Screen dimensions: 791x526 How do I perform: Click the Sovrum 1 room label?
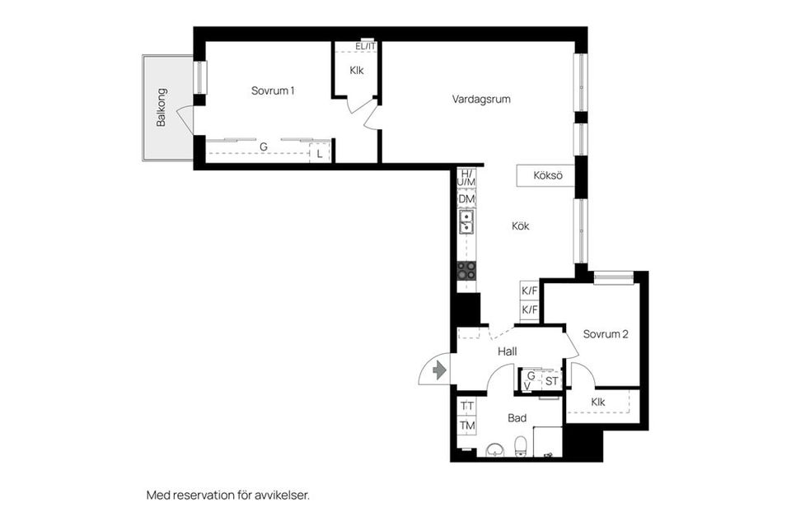pyautogui.click(x=273, y=91)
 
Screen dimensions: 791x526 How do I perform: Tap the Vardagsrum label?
pyautogui.click(x=481, y=99)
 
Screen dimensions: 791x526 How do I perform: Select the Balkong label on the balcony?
pyautogui.click(x=161, y=107)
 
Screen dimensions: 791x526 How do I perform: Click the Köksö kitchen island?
pyautogui.click(x=545, y=176)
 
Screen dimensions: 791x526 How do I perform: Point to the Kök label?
pyautogui.click(x=521, y=226)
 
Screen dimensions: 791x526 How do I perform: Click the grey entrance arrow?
pyautogui.click(x=440, y=370)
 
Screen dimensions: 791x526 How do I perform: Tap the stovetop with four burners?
pyautogui.click(x=466, y=271)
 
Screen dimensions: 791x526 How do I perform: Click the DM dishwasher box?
pyautogui.click(x=466, y=199)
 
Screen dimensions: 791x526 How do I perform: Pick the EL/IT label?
pyautogui.click(x=365, y=46)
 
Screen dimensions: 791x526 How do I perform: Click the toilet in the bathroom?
pyautogui.click(x=521, y=446)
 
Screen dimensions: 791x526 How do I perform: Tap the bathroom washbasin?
pyautogui.click(x=496, y=449)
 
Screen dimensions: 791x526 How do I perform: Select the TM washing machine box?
pyautogui.click(x=467, y=426)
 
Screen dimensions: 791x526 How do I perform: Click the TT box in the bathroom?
pyautogui.click(x=467, y=405)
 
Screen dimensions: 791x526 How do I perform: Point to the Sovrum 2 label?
pyautogui.click(x=606, y=334)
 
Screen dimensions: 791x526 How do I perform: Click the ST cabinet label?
pyautogui.click(x=551, y=381)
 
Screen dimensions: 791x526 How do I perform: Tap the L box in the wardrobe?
pyautogui.click(x=320, y=154)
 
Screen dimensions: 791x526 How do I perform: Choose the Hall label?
pyautogui.click(x=507, y=351)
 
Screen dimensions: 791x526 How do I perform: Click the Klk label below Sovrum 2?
pyautogui.click(x=598, y=402)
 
